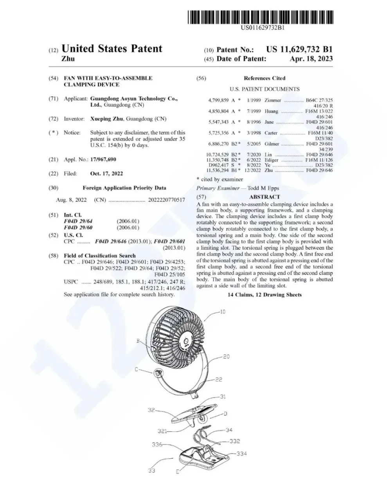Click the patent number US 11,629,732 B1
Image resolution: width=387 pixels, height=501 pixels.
[x=299, y=49]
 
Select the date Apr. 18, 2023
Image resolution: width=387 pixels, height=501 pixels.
[x=311, y=59]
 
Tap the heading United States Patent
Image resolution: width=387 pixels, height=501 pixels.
[x=112, y=49]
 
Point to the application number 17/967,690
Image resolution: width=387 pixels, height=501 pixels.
[x=103, y=160]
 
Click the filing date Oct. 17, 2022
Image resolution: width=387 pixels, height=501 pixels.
[x=106, y=173]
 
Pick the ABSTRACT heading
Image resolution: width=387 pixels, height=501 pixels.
[x=265, y=196]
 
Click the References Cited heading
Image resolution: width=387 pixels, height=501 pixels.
[x=265, y=78]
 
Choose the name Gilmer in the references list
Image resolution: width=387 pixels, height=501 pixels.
[x=272, y=144]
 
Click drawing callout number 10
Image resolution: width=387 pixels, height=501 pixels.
[x=223, y=312]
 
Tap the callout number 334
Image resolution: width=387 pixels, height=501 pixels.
[x=242, y=454]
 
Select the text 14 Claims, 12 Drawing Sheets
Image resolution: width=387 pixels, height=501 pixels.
[x=265, y=294]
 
